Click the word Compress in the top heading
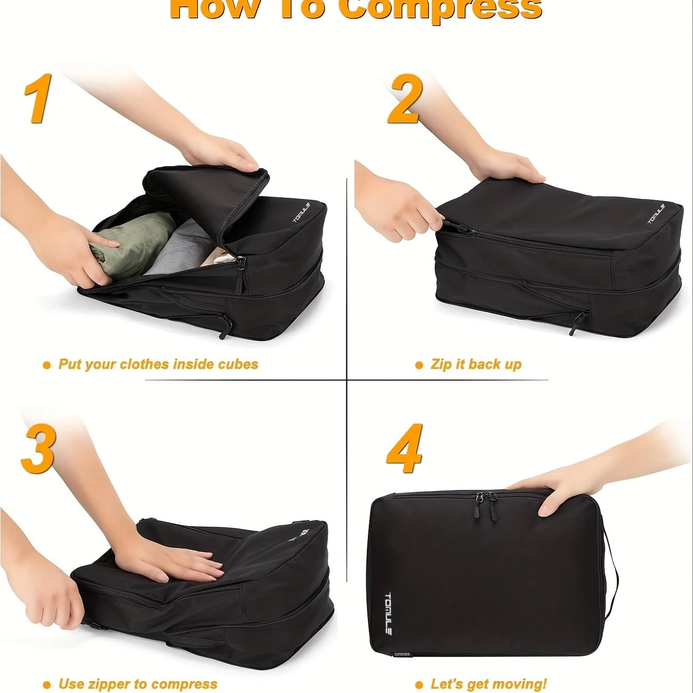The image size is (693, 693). [440, 10]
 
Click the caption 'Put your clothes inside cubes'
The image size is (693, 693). [158, 365]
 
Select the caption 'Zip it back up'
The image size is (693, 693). [476, 365]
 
